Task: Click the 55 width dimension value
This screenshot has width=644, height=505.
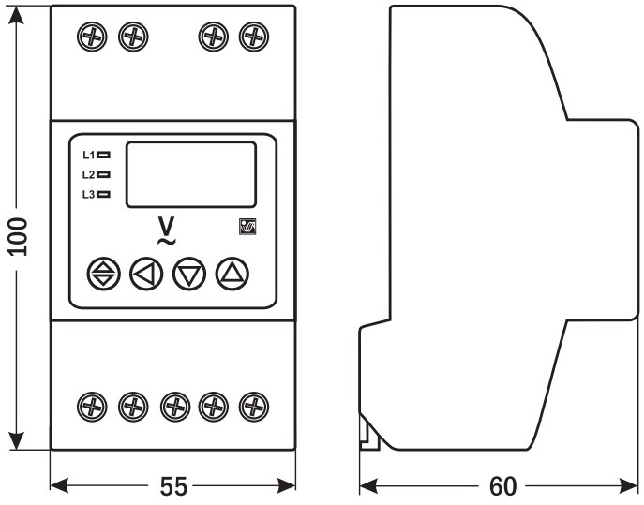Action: [x=173, y=486]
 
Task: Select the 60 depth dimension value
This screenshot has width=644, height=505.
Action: [x=502, y=486]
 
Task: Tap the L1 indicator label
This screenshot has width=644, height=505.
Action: [x=89, y=155]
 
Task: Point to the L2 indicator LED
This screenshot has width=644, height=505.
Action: [x=104, y=174]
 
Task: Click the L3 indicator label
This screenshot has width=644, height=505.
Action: [x=89, y=194]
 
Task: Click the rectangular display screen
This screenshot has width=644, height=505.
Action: [x=191, y=173]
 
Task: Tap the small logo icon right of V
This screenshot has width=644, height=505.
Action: [x=247, y=226]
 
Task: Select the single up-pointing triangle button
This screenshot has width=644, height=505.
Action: [x=232, y=273]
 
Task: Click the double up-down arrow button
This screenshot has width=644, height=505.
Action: [x=103, y=274]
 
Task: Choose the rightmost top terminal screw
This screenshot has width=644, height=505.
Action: [x=250, y=37]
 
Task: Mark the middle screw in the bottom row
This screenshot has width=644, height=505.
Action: [x=174, y=406]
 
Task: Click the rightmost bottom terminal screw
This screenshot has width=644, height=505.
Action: [x=250, y=406]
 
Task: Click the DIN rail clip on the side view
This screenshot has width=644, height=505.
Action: [x=368, y=432]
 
